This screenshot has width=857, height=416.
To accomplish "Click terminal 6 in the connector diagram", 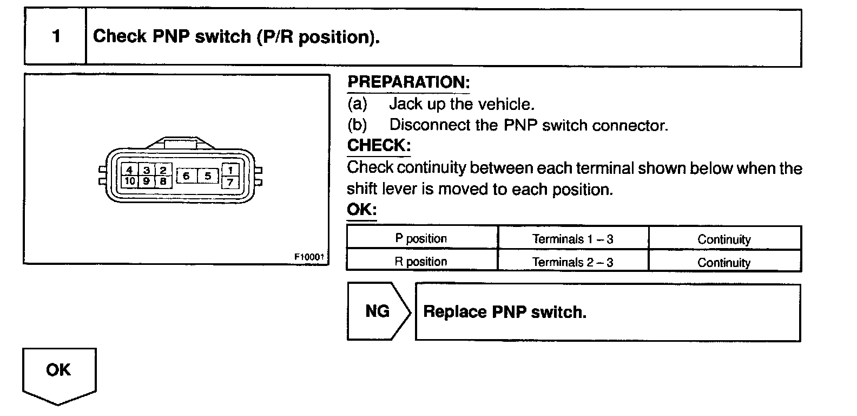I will point(186,175).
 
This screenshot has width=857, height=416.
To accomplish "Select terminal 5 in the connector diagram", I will point(207,175).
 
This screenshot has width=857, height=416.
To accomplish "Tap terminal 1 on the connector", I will point(230,170).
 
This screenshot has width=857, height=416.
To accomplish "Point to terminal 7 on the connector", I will point(230,182).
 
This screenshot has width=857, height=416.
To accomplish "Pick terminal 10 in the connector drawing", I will point(129,181).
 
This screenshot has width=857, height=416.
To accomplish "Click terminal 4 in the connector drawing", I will point(129,170).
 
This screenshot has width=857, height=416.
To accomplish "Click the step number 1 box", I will point(55,37).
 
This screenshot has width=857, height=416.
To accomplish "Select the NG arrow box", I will point(378,311).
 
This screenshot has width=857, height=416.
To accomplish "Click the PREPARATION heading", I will point(408,82).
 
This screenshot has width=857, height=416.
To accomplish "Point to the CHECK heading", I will point(379,146).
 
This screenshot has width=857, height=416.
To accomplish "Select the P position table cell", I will point(421,239).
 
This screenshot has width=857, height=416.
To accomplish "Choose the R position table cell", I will point(421,262).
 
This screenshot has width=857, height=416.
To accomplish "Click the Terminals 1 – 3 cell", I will point(572,239).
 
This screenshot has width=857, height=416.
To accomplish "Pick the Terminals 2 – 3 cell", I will point(572,262).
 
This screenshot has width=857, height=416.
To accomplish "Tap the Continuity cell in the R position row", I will point(724,263).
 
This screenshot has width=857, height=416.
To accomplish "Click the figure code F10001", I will point(309,257).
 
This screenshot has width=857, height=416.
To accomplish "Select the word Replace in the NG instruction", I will point(454,312).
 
